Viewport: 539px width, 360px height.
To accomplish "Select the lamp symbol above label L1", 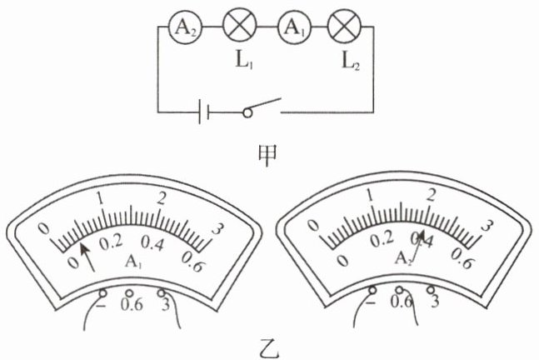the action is (239, 27).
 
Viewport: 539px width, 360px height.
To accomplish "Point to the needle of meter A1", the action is (86, 254).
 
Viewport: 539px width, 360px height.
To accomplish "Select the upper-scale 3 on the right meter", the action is (489, 224).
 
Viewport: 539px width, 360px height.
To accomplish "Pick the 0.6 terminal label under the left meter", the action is (132, 304).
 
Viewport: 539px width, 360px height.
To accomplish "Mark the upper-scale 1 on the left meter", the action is (101, 198).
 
